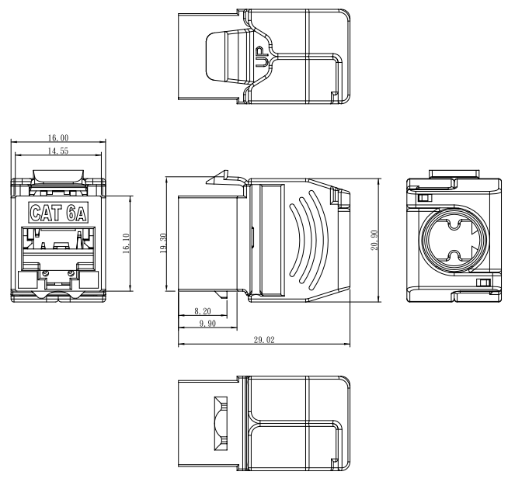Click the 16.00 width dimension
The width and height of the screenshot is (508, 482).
click(58, 138)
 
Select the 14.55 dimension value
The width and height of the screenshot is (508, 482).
click(58, 151)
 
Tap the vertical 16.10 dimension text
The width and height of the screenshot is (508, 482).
click(126, 244)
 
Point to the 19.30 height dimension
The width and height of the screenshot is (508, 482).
click(163, 243)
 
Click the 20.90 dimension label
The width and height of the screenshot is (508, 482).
click(374, 240)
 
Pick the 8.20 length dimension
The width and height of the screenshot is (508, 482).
click(203, 311)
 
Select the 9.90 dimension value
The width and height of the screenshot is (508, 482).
click(207, 324)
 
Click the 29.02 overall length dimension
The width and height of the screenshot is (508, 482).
click(264, 340)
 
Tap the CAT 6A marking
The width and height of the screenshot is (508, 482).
click(58, 213)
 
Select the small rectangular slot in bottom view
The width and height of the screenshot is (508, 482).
click(221, 424)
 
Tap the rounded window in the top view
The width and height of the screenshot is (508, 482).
click(227, 57)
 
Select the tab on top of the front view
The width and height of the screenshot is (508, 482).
click(58, 175)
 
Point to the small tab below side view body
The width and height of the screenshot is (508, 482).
click(221, 294)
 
